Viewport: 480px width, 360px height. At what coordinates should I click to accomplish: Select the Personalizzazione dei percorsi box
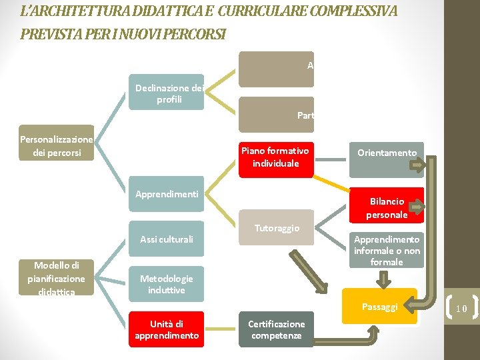click(56, 145)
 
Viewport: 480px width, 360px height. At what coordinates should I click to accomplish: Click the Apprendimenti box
click(166, 194)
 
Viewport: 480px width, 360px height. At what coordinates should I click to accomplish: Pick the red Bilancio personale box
click(387, 207)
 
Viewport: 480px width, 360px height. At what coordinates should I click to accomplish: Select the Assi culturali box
click(166, 239)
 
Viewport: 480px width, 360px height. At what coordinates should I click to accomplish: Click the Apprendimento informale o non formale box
click(387, 250)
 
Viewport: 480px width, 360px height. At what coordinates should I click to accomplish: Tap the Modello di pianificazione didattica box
click(56, 279)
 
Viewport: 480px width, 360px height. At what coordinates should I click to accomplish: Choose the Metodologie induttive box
click(166, 285)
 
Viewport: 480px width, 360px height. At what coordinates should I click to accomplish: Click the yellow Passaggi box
click(379, 307)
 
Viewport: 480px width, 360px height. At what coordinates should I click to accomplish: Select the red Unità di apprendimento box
click(166, 329)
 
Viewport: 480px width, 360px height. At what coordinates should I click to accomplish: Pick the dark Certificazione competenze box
click(276, 329)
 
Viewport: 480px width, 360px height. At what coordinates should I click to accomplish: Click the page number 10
click(461, 308)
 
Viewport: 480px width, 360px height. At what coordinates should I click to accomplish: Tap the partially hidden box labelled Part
click(276, 115)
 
